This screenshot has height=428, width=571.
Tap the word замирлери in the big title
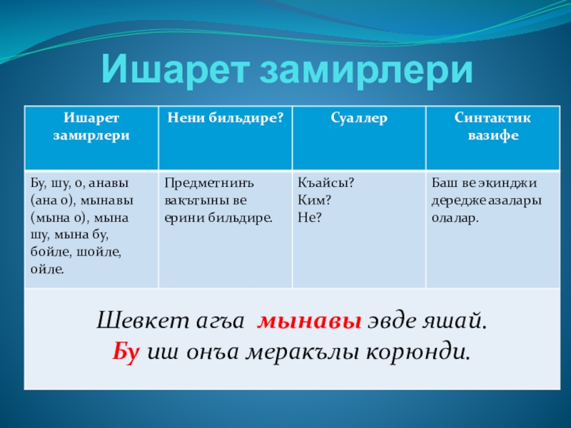point(365,71)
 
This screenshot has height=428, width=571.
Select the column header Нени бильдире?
point(226,118)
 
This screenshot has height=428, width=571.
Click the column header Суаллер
point(359,118)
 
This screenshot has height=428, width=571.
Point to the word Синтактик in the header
point(492,118)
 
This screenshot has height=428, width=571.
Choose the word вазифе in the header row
point(493,136)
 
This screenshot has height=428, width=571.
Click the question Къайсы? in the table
point(325,183)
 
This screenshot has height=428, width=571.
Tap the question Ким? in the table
point(314,200)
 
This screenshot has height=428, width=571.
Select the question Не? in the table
point(310,218)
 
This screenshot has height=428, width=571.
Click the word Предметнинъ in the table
point(209,183)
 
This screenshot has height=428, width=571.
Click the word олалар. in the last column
point(455,218)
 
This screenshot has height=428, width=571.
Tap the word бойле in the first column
point(51,253)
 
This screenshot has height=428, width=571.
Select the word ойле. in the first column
point(47,270)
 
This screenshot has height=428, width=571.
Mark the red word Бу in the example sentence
point(126,352)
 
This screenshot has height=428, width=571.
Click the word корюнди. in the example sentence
point(418,352)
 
